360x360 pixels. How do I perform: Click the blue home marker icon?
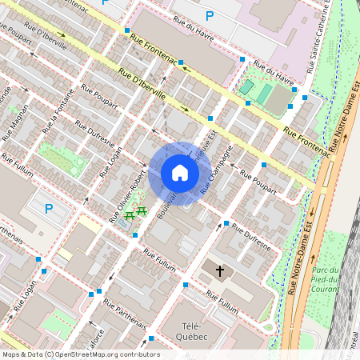(x=179, y=173)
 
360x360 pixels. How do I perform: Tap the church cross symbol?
(x=220, y=271)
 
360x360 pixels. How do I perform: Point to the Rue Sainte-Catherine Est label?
(x=326, y=32)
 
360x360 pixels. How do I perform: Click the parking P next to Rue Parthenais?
(x=49, y=210)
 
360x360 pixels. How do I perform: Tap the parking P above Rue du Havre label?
(x=210, y=15)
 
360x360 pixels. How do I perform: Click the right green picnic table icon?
(x=142, y=211)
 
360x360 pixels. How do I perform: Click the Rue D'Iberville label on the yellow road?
(x=142, y=84)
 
